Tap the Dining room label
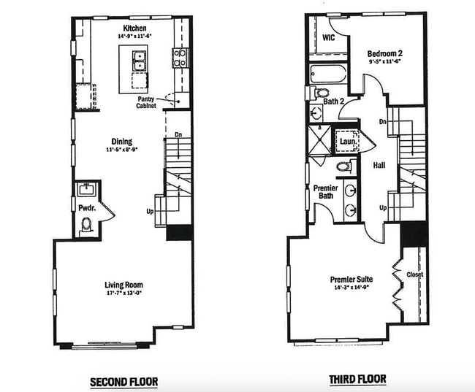(x=122, y=141)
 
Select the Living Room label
(x=123, y=285)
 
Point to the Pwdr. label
(x=85, y=208)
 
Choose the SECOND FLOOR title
(x=123, y=381)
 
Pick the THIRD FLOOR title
(x=358, y=380)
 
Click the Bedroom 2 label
(x=385, y=53)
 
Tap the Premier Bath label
(x=325, y=193)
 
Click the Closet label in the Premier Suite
(x=414, y=274)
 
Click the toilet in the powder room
(x=85, y=226)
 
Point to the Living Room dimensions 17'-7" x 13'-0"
(x=123, y=294)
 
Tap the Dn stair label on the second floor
(x=178, y=134)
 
